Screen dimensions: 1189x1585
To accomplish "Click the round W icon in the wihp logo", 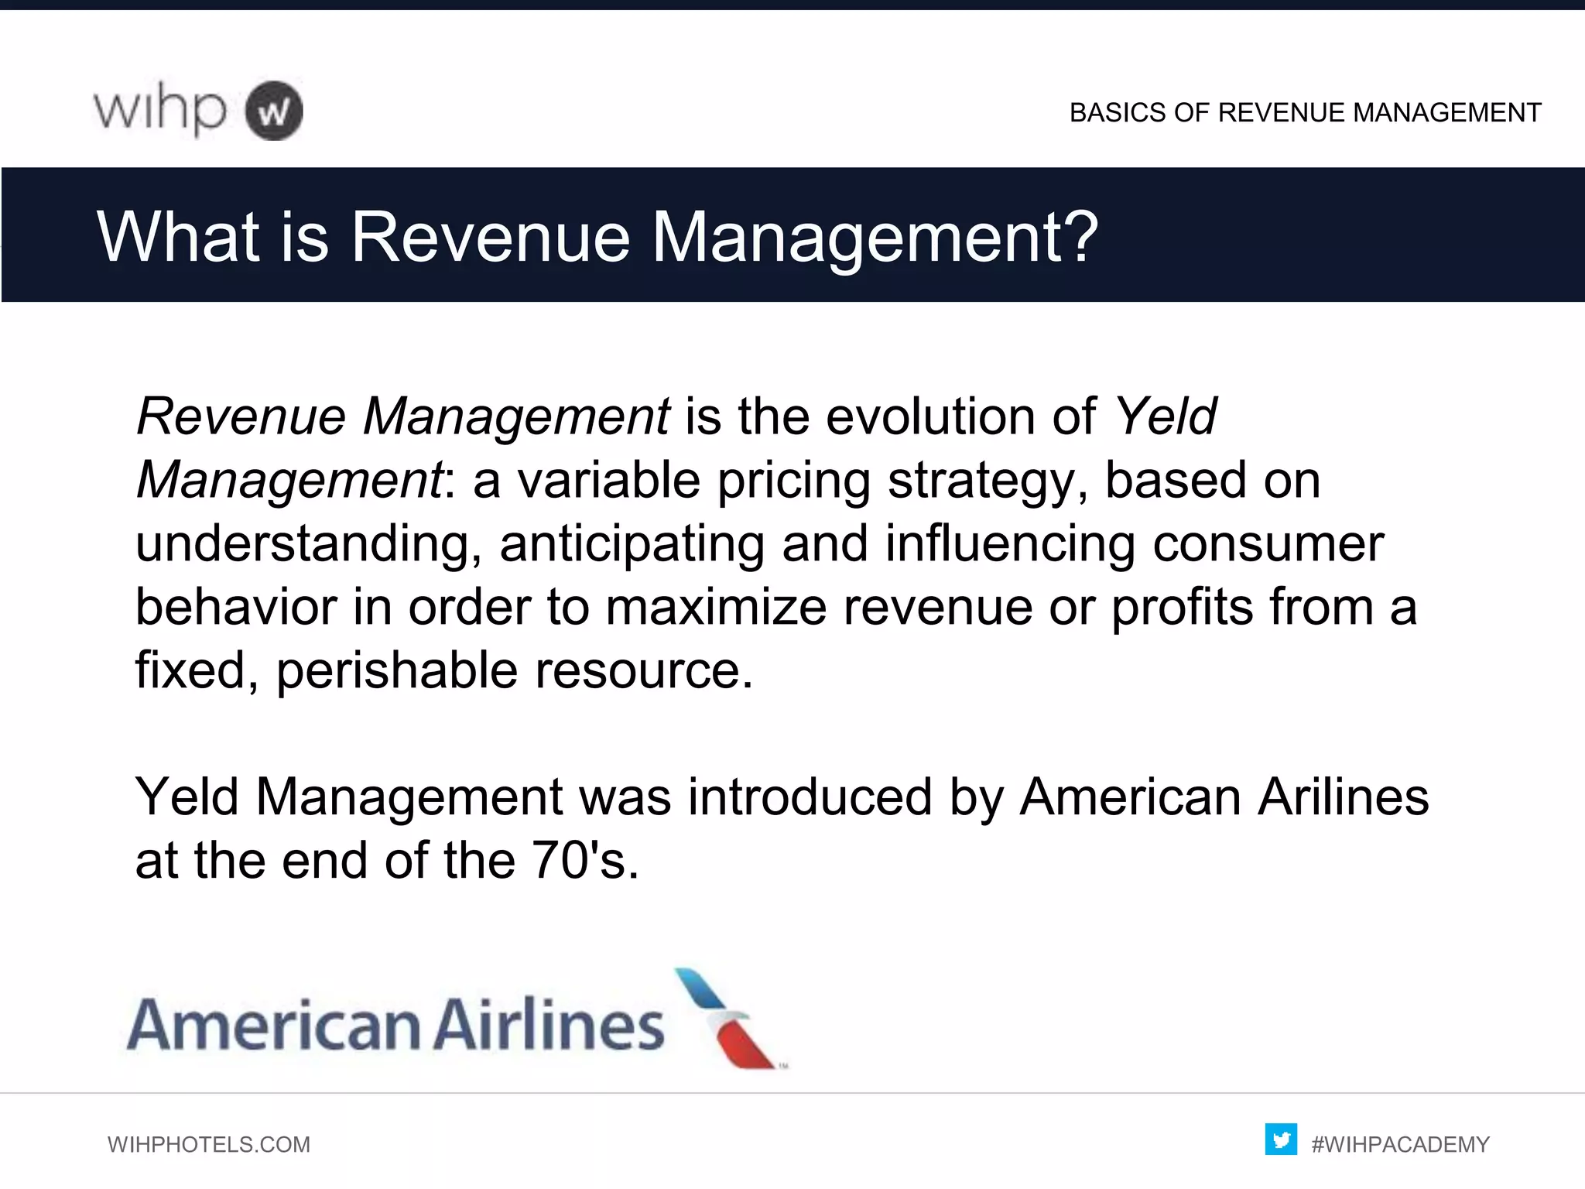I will [274, 111].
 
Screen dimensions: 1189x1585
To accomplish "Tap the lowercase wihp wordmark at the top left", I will [160, 110].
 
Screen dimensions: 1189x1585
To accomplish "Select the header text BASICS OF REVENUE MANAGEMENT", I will [1305, 113].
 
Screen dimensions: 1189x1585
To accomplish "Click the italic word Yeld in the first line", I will [1166, 416].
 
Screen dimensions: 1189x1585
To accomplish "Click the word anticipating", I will [632, 544].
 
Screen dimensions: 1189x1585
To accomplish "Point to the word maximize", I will [716, 607].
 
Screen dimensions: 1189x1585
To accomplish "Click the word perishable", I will [397, 670].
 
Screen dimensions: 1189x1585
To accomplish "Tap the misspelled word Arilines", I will [1343, 797].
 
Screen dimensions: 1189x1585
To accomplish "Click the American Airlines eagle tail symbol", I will [726, 1018].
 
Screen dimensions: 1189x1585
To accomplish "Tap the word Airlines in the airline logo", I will [548, 1024].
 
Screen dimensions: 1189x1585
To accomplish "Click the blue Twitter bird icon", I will [1281, 1139].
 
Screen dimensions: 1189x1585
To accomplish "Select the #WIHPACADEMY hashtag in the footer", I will [1400, 1144].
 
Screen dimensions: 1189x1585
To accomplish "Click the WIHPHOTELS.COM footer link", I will [209, 1144].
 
